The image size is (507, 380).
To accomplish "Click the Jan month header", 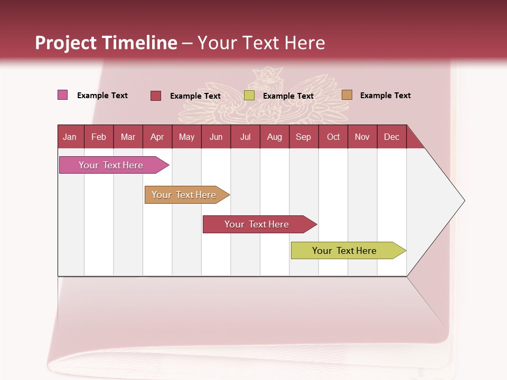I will (70, 137).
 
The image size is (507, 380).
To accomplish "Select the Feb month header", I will (99, 137).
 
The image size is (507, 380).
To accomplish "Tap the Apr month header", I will (157, 137).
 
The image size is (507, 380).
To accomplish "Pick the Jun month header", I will (216, 137).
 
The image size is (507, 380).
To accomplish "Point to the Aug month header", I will (275, 137).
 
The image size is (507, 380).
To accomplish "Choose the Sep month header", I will (304, 137).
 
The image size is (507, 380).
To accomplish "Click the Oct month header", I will (333, 137).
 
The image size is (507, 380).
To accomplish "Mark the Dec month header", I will (392, 137).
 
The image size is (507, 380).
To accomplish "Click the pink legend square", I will (63, 95).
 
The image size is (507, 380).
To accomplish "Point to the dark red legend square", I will (156, 96).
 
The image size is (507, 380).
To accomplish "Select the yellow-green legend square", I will (249, 96).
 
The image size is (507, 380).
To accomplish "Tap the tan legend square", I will (347, 95).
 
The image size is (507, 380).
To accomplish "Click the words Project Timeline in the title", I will (106, 43).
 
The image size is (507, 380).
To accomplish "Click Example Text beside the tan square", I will (385, 96).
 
